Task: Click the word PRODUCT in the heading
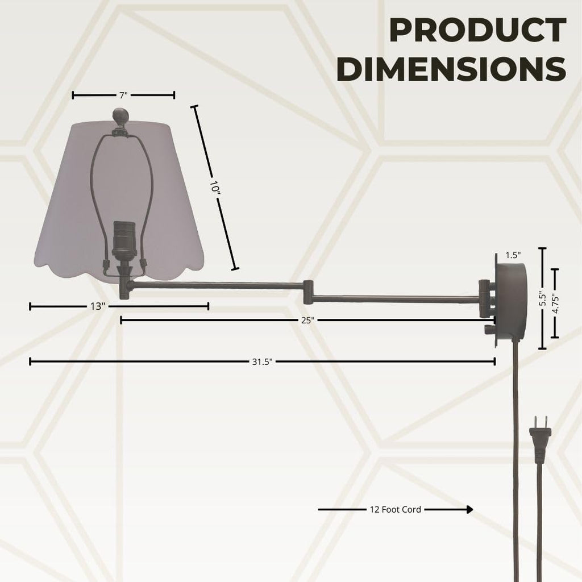coord(477,30)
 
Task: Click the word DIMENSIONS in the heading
coord(451,69)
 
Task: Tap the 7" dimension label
coord(123,95)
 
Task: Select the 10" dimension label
coord(214,186)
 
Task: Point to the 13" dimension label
coord(98,306)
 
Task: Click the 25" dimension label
coord(307,321)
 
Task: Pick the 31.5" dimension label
coord(262,362)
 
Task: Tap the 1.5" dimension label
coord(513,255)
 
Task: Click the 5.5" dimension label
coord(543,299)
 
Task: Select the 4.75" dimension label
coord(555,304)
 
